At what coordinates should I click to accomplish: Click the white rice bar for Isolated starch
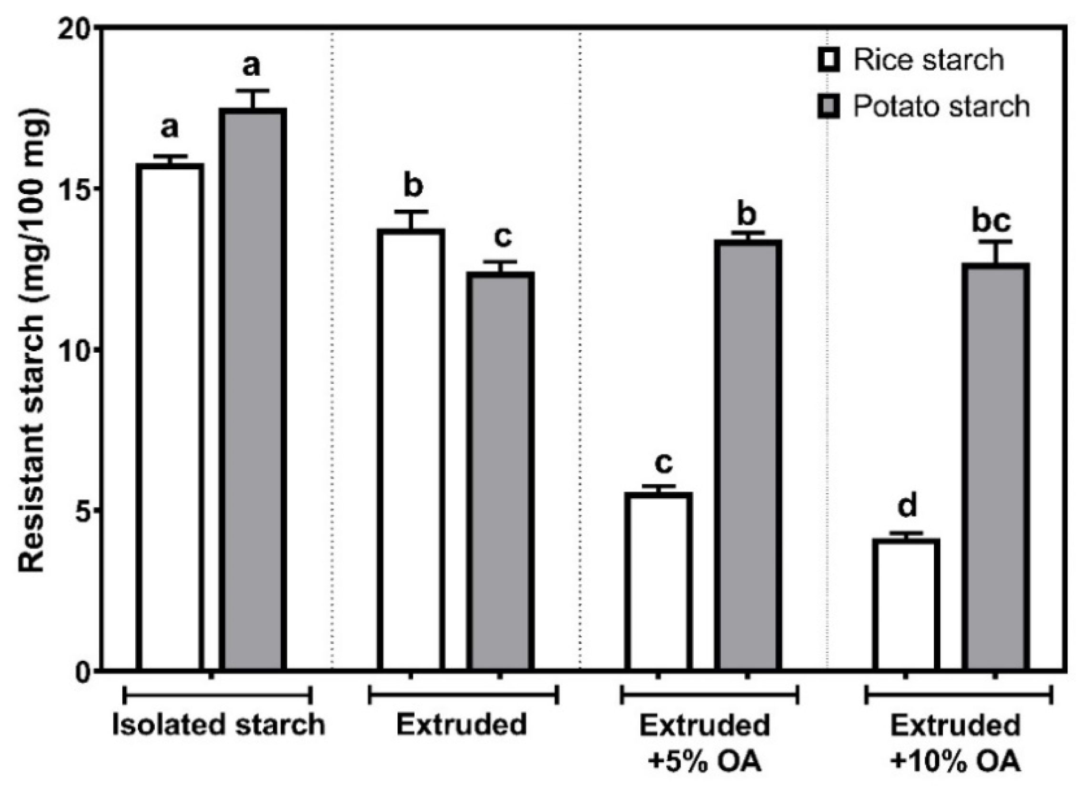(x=170, y=416)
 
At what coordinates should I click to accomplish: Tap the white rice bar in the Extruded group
(x=411, y=449)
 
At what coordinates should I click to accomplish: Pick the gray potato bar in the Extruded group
(x=500, y=471)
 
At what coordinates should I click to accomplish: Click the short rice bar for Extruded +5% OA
(x=660, y=580)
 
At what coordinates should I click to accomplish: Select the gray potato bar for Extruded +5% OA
(x=748, y=454)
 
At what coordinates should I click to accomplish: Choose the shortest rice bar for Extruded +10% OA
(x=906, y=604)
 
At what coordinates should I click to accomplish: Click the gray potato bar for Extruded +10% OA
(x=995, y=466)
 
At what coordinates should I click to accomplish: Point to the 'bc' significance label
(x=991, y=220)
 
